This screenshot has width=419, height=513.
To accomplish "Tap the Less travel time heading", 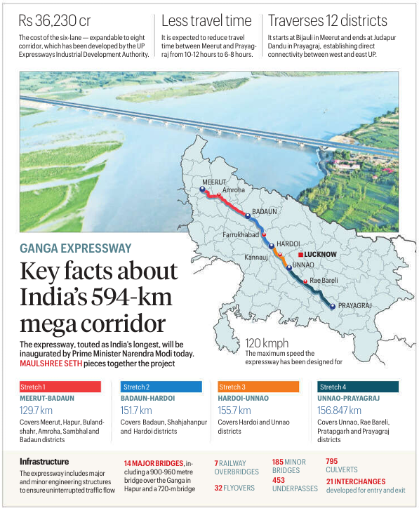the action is [206, 20].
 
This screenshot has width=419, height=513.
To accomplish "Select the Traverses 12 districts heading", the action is [327, 20].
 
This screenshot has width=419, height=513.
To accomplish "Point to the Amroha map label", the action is [233, 190].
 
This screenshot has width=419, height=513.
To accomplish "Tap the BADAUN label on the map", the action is [264, 211].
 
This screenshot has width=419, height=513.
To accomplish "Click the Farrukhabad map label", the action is [241, 233].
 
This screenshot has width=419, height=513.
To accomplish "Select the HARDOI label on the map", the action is [288, 243].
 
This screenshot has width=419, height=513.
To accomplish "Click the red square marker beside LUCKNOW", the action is [300, 254].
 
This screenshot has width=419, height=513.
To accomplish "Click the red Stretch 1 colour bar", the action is [60, 387].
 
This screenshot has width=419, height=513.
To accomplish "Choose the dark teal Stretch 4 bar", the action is [358, 387].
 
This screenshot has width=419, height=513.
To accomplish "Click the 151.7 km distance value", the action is [136, 411].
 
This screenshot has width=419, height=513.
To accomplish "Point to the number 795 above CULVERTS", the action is [332, 461].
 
